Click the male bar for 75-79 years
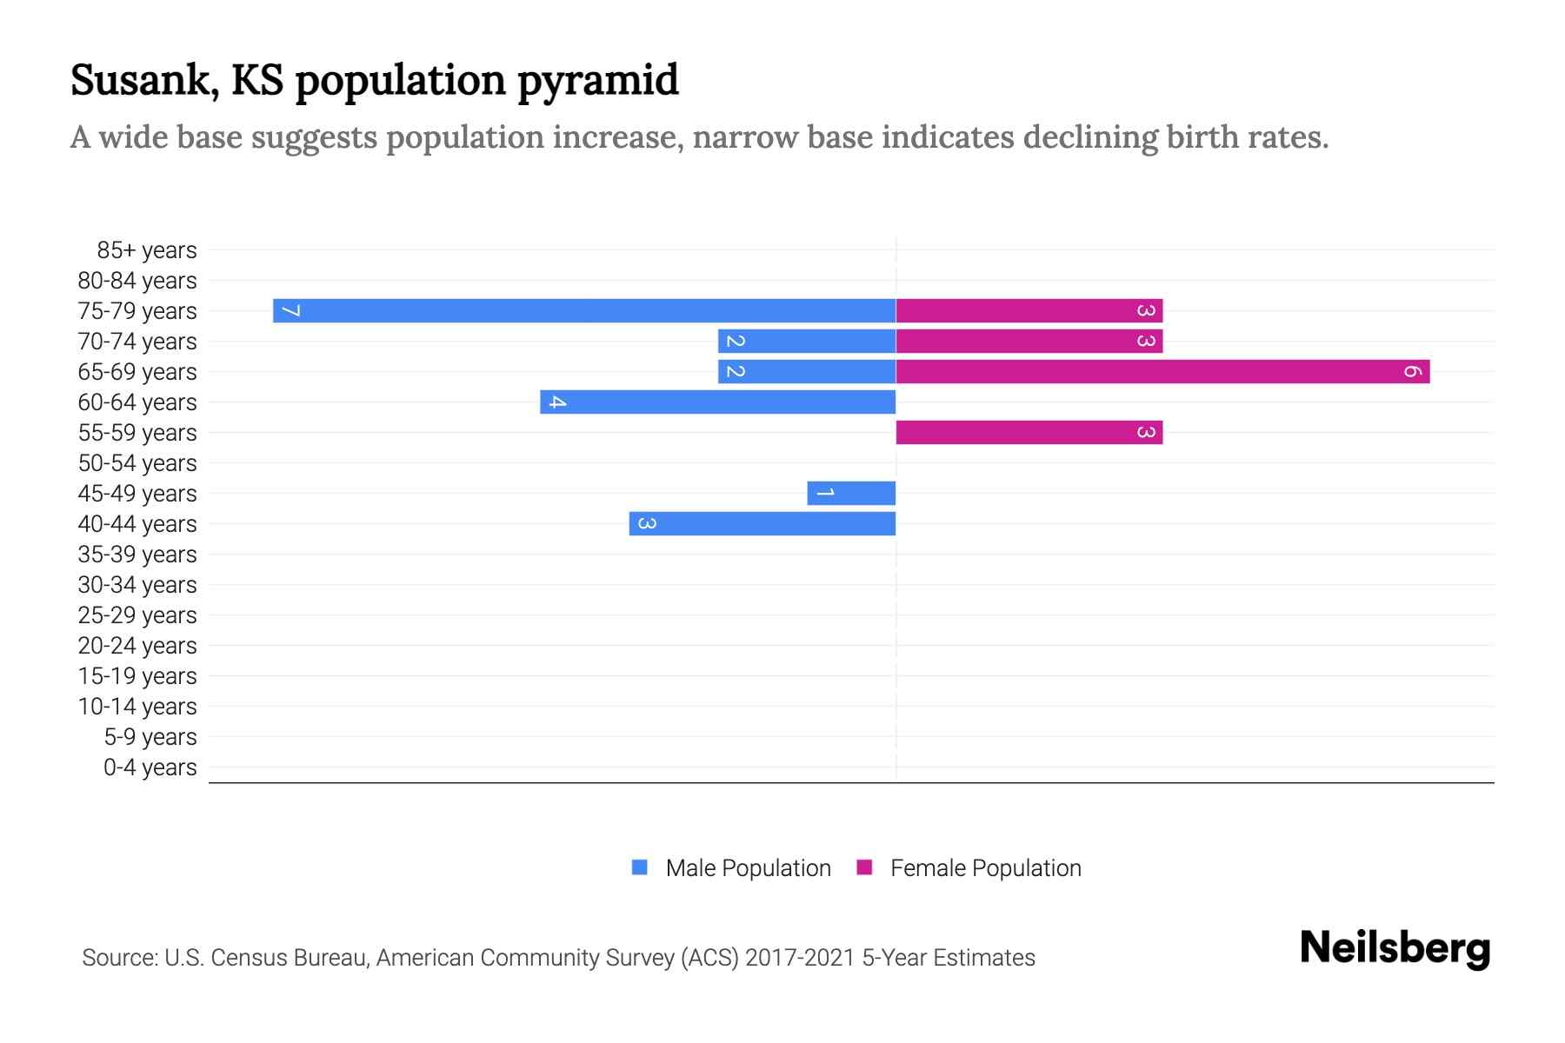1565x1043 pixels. click(x=584, y=310)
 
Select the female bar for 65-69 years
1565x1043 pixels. click(x=1162, y=371)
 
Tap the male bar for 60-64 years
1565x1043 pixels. click(x=717, y=402)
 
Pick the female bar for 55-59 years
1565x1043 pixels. click(x=1029, y=432)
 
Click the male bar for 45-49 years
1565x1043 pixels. click(x=851, y=493)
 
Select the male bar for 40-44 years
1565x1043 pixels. click(x=763, y=523)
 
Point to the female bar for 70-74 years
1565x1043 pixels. click(x=1029, y=341)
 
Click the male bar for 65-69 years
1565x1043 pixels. click(x=807, y=371)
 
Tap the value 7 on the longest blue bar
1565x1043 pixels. click(x=291, y=310)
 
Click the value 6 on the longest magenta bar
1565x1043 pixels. click(x=1412, y=371)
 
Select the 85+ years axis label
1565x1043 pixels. click(x=146, y=250)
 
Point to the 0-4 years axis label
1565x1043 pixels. click(x=150, y=767)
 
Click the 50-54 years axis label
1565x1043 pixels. click(x=137, y=463)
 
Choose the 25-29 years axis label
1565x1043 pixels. click(x=137, y=615)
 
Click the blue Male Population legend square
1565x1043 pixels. click(x=640, y=867)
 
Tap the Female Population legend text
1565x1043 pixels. click(x=985, y=867)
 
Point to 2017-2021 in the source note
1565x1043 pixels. click(x=800, y=958)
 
